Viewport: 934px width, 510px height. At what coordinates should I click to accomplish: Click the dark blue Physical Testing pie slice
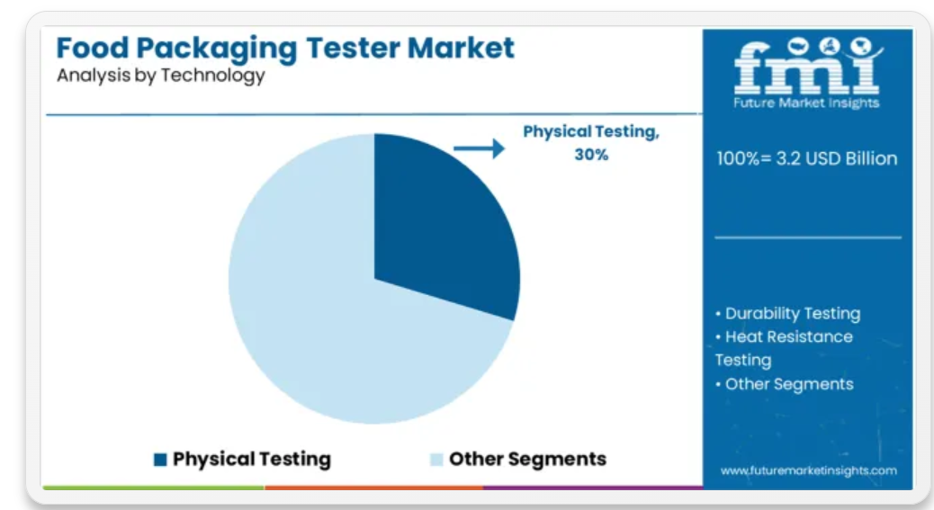tap(441, 226)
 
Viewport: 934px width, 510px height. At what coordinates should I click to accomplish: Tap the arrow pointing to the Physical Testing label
tap(479, 148)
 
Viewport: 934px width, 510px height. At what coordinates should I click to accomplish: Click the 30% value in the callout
tap(591, 155)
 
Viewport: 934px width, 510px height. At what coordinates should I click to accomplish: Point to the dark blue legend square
tap(160, 460)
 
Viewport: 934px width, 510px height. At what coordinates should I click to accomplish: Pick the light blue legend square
tap(436, 460)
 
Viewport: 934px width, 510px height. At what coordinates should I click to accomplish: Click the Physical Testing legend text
tap(251, 460)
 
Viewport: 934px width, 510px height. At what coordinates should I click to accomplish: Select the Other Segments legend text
tap(527, 459)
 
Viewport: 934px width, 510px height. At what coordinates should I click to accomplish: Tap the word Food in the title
tap(93, 48)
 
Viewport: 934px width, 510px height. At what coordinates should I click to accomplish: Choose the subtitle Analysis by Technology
tap(161, 76)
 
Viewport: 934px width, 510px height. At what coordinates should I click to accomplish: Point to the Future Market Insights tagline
tap(806, 103)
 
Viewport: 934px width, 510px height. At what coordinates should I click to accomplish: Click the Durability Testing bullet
tap(787, 314)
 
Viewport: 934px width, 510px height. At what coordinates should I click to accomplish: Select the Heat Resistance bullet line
tap(784, 336)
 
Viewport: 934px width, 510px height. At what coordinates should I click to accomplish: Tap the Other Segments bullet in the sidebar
tap(784, 384)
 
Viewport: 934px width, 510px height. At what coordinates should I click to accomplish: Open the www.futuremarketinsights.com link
tap(808, 470)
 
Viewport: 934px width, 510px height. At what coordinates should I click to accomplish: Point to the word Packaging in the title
tap(217, 49)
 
